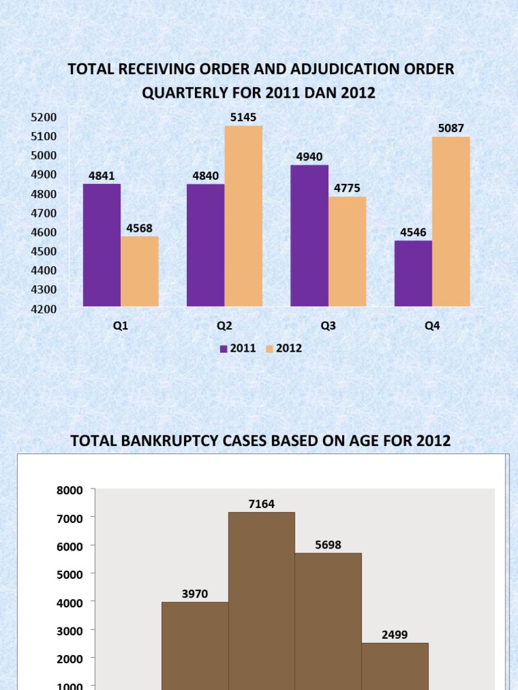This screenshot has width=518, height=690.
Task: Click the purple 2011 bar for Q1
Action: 102,245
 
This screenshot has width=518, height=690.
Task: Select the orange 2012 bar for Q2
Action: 243,216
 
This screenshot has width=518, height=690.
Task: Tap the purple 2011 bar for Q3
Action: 309,236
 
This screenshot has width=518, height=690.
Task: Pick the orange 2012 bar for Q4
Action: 451,222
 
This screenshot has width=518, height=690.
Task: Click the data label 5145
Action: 243,117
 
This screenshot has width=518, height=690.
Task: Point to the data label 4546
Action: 413,232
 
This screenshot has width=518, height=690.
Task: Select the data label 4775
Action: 347,188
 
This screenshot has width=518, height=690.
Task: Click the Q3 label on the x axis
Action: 328,325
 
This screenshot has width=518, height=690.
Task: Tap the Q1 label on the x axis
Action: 120,325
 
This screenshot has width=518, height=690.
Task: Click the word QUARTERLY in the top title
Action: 181,94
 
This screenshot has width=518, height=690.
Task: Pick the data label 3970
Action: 194,594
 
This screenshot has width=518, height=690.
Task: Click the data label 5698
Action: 328,544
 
